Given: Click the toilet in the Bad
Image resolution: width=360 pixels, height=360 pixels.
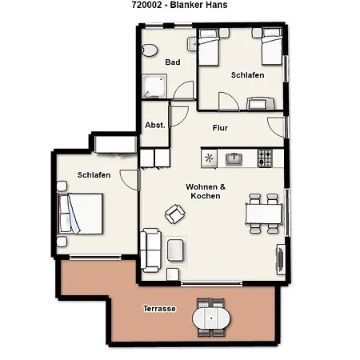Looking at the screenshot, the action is (x=150, y=50).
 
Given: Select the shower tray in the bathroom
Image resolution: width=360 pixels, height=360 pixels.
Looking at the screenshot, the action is (x=154, y=86).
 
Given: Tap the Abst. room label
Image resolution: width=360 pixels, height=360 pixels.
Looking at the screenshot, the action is (x=155, y=125).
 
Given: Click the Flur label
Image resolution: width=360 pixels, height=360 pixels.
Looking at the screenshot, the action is (x=220, y=128).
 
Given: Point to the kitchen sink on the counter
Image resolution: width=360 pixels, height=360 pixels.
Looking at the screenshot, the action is (x=234, y=159).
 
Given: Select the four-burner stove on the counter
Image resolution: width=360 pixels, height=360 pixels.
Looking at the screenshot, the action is (x=265, y=158).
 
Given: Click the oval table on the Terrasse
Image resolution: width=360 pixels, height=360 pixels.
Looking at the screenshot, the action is (x=211, y=318).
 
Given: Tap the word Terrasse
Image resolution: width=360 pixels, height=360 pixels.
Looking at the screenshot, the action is (x=159, y=309).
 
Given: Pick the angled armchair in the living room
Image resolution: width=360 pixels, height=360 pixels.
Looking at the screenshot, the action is (x=174, y=214).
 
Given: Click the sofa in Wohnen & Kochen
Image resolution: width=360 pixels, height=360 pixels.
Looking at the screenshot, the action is (x=150, y=250).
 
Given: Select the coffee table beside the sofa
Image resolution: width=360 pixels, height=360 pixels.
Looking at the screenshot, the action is (x=175, y=250).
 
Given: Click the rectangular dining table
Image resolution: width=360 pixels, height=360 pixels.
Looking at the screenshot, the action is (x=264, y=214).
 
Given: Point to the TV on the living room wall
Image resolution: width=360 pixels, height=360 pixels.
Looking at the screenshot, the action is (x=280, y=259).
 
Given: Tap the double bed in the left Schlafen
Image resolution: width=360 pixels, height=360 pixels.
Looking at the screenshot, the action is (x=80, y=214).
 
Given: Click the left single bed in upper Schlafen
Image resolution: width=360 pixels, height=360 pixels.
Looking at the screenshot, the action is (x=209, y=47).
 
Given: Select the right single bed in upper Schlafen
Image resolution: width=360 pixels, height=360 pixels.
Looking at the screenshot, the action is (x=272, y=47).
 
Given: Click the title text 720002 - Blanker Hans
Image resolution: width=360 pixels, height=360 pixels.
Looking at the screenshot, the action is (x=180, y=5).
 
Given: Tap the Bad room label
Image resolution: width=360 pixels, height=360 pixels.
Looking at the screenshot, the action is (x=173, y=62).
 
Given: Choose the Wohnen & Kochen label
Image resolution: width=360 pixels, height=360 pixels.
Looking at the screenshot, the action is (x=206, y=191).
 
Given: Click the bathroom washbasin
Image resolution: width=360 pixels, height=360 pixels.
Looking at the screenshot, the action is (x=192, y=44).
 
